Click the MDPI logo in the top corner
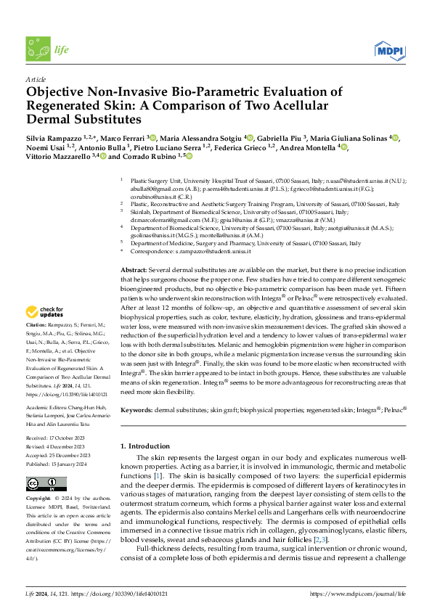pyautogui.click(x=390, y=49)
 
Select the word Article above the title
pyautogui.click(x=36, y=79)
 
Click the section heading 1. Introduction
pyautogui.click(x=144, y=445)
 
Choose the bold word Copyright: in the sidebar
pyautogui.click(x=40, y=499)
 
